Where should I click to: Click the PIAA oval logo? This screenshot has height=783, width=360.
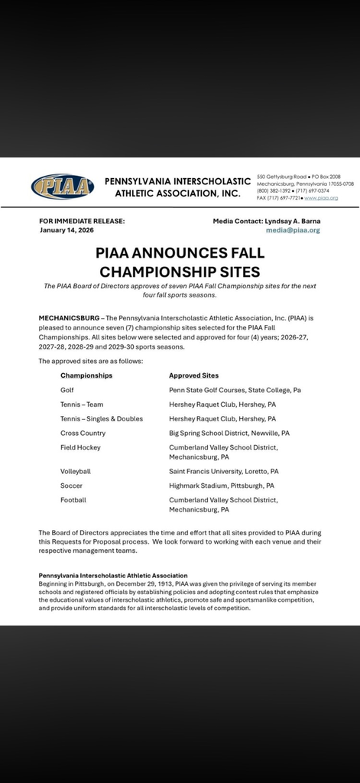[63, 187]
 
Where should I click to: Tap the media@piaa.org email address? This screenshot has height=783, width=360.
[293, 230]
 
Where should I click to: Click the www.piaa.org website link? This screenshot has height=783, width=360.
[321, 198]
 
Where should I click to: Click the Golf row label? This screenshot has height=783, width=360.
[67, 390]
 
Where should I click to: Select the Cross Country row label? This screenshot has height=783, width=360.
[83, 433]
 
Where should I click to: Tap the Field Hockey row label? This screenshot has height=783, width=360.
[80, 447]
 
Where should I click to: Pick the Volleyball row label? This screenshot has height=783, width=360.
[76, 472]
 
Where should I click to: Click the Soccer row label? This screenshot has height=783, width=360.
[71, 486]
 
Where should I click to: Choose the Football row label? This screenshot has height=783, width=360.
[73, 500]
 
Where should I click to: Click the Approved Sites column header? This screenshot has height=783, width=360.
[193, 375]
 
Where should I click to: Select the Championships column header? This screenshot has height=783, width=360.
[86, 375]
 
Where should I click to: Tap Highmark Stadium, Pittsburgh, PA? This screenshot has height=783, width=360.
[221, 486]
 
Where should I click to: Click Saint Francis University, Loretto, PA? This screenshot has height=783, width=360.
[223, 472]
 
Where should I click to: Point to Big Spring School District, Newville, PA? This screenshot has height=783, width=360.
[229, 433]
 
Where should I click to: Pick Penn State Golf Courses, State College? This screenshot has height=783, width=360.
[235, 390]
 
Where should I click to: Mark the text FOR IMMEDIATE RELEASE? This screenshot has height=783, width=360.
[82, 221]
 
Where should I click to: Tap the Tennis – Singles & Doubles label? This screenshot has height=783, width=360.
[102, 419]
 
